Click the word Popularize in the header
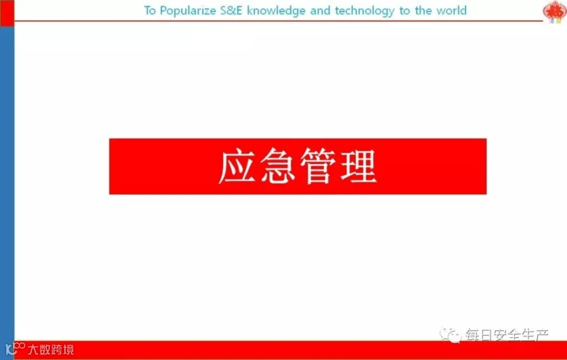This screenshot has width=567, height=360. tap(188, 11)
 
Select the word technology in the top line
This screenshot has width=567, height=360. tap(365, 11)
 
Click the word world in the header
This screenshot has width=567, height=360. tap(452, 11)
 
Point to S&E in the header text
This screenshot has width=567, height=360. tap(231, 11)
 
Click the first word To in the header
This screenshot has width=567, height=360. tap(150, 11)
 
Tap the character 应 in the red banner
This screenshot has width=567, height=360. tap(238, 166)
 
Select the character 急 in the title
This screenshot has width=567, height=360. tap(277, 166)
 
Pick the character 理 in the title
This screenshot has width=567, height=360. tap(358, 166)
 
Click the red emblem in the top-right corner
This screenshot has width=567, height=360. tap(555, 11)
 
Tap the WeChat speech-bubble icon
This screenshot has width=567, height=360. tap(450, 335)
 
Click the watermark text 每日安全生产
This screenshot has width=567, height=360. tap(507, 335)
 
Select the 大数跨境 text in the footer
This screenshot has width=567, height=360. tap(51, 349)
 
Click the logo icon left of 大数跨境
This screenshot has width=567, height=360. tap(15, 349)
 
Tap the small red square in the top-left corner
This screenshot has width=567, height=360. tap(7, 13)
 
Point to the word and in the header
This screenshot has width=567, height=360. tap(320, 11)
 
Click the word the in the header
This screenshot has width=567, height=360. tap(423, 11)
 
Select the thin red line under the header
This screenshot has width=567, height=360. tap(278, 21)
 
